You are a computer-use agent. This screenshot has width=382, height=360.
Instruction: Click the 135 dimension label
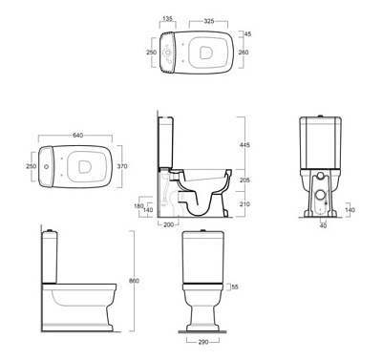pos(167,18)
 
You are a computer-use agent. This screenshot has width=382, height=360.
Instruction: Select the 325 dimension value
pos(209,21)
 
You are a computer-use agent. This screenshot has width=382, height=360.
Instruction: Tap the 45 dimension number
pos(247,33)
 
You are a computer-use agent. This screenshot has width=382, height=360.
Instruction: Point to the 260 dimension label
pos(244,53)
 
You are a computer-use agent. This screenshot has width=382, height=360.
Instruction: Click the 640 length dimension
pos(78,136)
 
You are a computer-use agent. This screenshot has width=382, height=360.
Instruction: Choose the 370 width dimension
pos(122,166)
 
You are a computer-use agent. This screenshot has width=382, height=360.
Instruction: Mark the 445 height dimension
pos(244,145)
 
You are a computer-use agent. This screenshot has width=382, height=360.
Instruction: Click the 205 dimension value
pos(244,180)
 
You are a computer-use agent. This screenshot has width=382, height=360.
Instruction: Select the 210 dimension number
pos(244,204)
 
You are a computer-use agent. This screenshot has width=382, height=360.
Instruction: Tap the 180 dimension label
pos(138,206)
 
